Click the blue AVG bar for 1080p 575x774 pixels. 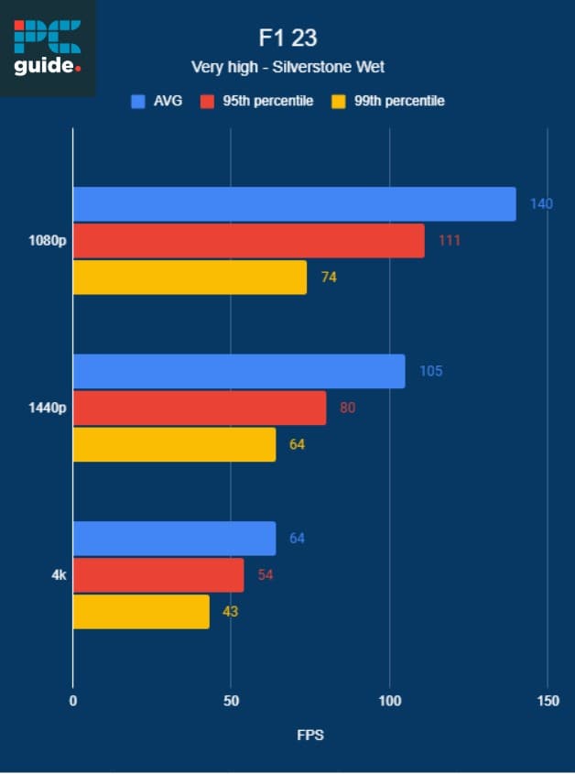[294, 203]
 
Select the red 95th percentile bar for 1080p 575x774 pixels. [248, 240]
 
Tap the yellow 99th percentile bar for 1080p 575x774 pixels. [190, 277]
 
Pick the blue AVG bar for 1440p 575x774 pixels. [238, 371]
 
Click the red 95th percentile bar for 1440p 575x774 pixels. [199, 408]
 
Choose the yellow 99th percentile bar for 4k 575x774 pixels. [141, 612]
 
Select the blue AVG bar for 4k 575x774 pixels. [174, 538]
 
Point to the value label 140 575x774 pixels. [541, 203]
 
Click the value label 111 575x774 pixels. [449, 240]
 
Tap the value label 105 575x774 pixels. [431, 371]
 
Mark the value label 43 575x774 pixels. [230, 611]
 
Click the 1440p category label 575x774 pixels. [48, 408]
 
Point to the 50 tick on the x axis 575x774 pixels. [231, 702]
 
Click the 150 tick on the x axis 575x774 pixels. [548, 702]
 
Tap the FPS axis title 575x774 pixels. [309, 736]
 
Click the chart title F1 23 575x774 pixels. [287, 38]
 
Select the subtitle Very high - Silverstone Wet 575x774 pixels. [287, 67]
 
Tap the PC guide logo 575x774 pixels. [48, 48]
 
